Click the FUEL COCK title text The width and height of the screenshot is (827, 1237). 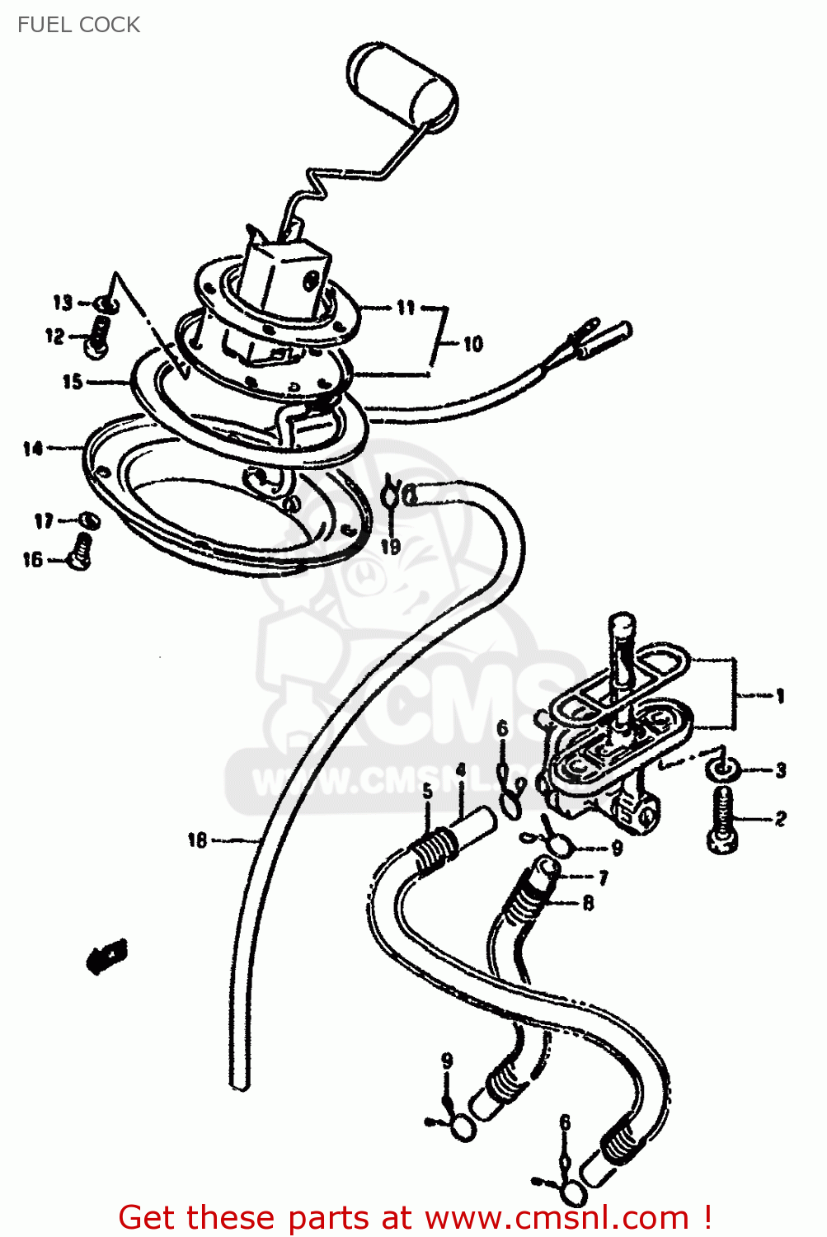click(78, 25)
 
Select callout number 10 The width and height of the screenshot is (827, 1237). click(472, 344)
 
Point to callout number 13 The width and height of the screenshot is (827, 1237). click(63, 303)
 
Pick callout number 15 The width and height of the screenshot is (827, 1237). click(73, 381)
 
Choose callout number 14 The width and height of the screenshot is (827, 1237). click(33, 449)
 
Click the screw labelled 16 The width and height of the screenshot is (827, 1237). click(82, 551)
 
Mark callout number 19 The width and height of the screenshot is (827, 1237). click(390, 546)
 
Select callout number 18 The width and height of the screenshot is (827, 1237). click(198, 840)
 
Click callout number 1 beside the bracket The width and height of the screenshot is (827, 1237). click(779, 697)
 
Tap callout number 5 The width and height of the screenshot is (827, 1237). click(427, 792)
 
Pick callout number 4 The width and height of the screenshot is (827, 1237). click(461, 771)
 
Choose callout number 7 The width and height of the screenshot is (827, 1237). click(604, 877)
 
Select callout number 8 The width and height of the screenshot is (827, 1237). click(588, 904)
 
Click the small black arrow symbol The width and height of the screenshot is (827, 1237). click(107, 957)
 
